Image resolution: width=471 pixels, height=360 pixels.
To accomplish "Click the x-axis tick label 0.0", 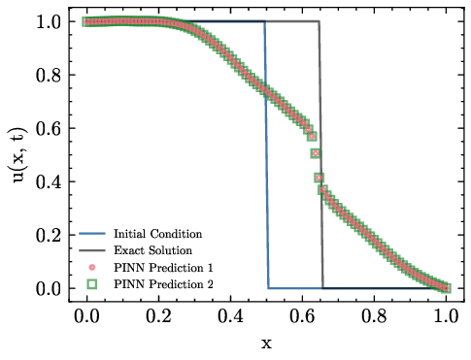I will [86, 316].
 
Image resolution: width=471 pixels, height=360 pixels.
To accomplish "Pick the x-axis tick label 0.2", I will [158, 316].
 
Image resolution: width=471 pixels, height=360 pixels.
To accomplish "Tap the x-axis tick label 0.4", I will [230, 316].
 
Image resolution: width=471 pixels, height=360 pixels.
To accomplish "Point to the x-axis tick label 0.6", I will [303, 316].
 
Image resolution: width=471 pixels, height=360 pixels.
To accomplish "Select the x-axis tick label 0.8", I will [375, 316].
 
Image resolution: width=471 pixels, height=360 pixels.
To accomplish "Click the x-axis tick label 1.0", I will [447, 316].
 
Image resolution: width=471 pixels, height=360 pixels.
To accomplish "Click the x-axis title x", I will [266, 343].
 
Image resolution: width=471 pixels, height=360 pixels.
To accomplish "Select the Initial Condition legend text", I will [157, 234].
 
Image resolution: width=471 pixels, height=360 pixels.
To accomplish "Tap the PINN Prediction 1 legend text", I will [162, 267].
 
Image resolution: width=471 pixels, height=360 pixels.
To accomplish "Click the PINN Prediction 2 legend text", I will [162, 283].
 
